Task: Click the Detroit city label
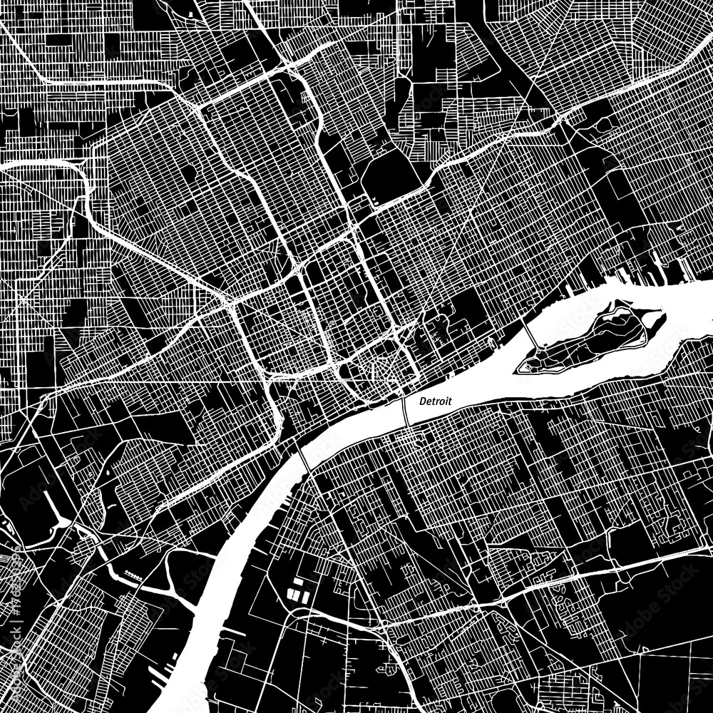coord(436,402)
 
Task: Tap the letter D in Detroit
coord(422,402)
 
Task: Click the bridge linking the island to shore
coord(532,334)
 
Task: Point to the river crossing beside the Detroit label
coord(404,411)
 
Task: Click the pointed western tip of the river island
coord(518,369)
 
